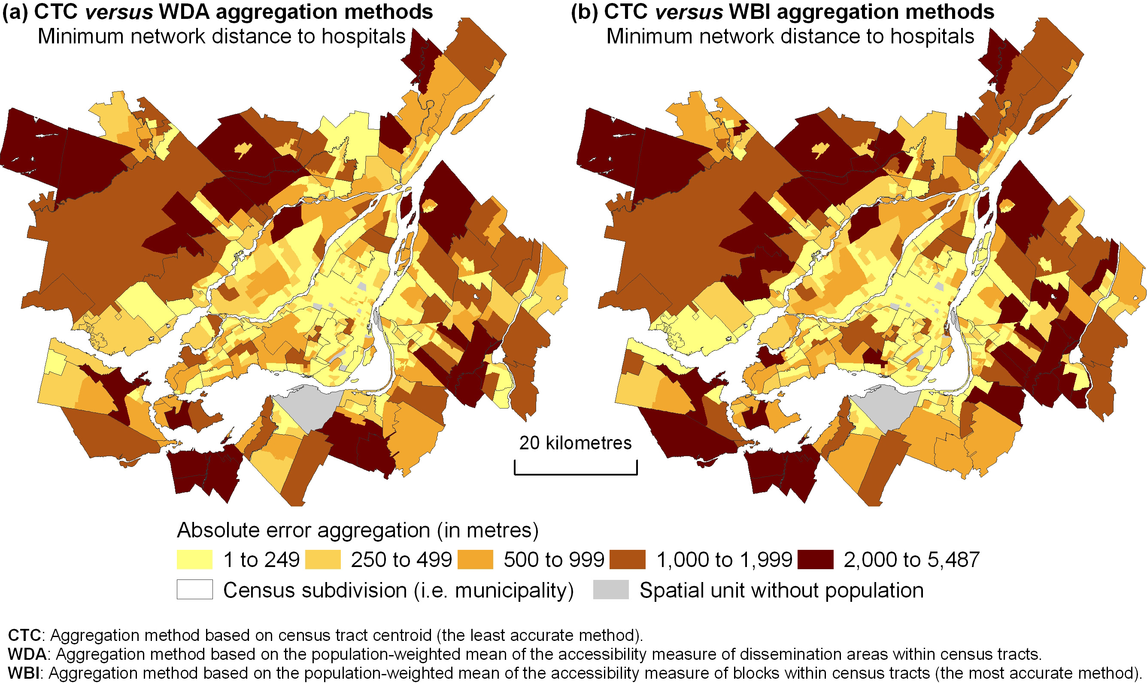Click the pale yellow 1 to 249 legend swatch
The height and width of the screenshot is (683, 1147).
[x=194, y=559]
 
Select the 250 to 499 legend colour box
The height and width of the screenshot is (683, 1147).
[x=323, y=559]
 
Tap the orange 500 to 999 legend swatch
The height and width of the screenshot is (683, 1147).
[x=475, y=559]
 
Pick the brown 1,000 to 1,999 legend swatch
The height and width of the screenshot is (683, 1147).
[x=627, y=559]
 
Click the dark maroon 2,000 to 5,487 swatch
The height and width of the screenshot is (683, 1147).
[x=816, y=559]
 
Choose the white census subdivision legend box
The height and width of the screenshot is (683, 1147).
[x=194, y=589]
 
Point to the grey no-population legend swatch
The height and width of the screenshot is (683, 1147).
[x=611, y=589]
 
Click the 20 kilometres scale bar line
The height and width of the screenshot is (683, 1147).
[x=575, y=474]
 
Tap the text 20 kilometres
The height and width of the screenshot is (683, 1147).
[x=575, y=443]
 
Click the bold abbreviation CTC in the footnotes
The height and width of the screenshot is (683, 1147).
[x=25, y=635]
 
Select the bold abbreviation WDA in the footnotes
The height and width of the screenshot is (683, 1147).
[x=27, y=654]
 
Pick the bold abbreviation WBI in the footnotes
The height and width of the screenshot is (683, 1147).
[x=24, y=673]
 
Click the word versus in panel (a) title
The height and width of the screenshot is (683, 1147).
[x=119, y=12]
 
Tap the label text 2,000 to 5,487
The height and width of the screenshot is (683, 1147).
[x=911, y=560]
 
